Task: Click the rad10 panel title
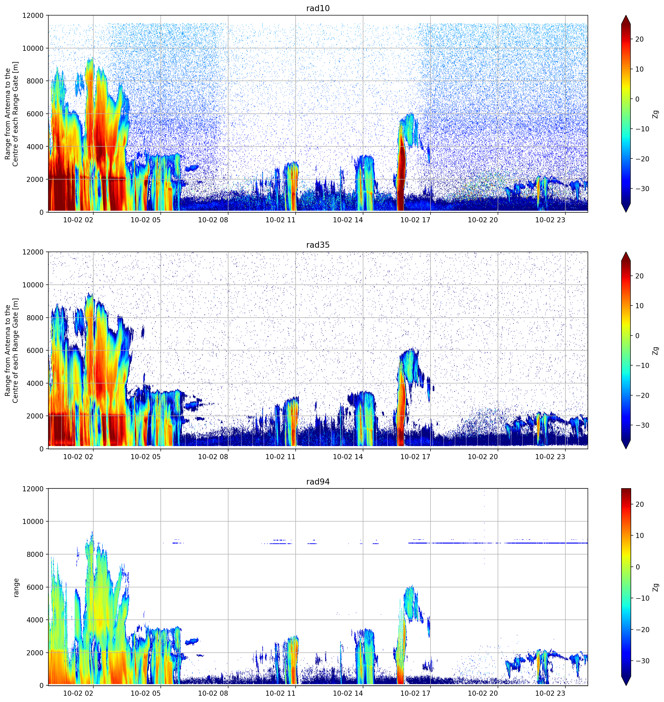[x=318, y=8]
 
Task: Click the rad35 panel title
[x=318, y=245]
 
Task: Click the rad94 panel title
[x=318, y=482]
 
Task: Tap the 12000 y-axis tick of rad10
[x=33, y=15]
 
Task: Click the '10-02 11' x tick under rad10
[x=280, y=220]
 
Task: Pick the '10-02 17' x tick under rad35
[x=415, y=456]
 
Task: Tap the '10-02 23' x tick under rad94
[x=550, y=693]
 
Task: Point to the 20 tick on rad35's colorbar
[x=639, y=276]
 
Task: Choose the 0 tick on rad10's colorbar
[x=637, y=99]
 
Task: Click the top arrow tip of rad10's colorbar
[x=626, y=15]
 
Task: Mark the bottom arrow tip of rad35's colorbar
[x=626, y=448]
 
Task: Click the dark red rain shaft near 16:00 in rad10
[x=401, y=173]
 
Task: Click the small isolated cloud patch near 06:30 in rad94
[x=192, y=641]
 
